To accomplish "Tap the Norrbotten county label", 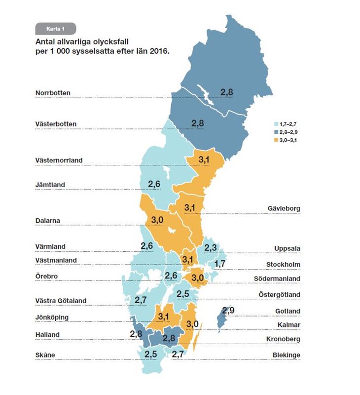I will click(53, 92).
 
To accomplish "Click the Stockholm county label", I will click(283, 264).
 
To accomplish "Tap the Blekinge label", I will click(286, 355).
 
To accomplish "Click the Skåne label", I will click(45, 355).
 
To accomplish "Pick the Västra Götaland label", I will click(61, 300).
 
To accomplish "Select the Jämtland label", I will click(50, 185).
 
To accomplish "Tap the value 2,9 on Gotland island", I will click(228, 311).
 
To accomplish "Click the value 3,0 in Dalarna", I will click(157, 219).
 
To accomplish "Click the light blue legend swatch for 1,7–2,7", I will click(276, 124).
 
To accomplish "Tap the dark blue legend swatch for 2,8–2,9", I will click(276, 132).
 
